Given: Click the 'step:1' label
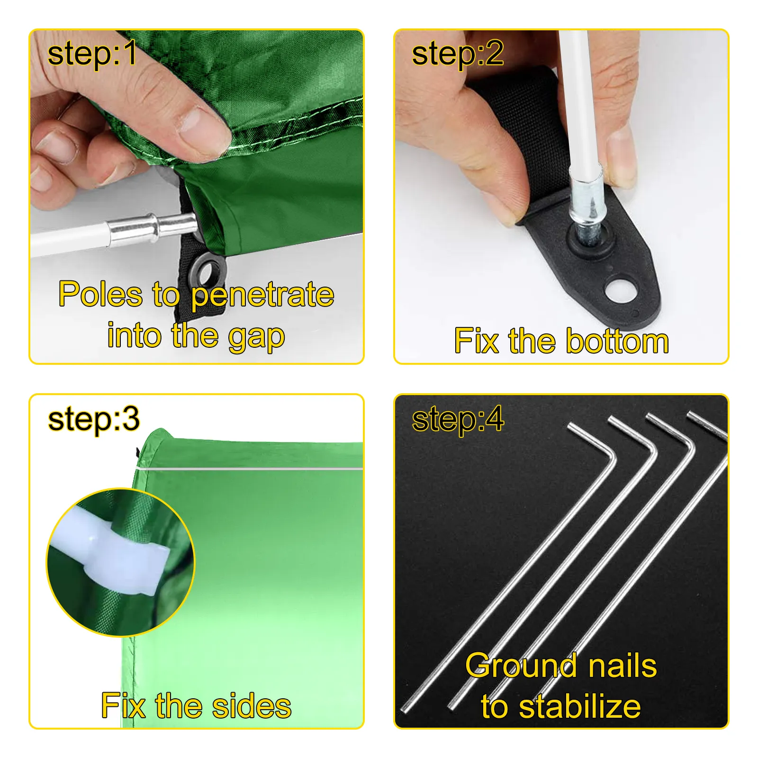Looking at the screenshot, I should [x=92, y=53].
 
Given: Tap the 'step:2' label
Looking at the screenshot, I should [x=457, y=54].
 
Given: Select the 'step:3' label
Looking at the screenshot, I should [x=94, y=419].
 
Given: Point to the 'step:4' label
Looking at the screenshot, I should [x=458, y=419].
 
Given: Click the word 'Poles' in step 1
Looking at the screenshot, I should [x=100, y=294].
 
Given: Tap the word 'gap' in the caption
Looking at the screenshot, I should [x=256, y=336].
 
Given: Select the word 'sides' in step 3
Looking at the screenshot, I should [x=252, y=706].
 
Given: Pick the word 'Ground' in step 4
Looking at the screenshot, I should [x=520, y=665].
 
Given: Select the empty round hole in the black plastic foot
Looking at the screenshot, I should [x=621, y=291].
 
